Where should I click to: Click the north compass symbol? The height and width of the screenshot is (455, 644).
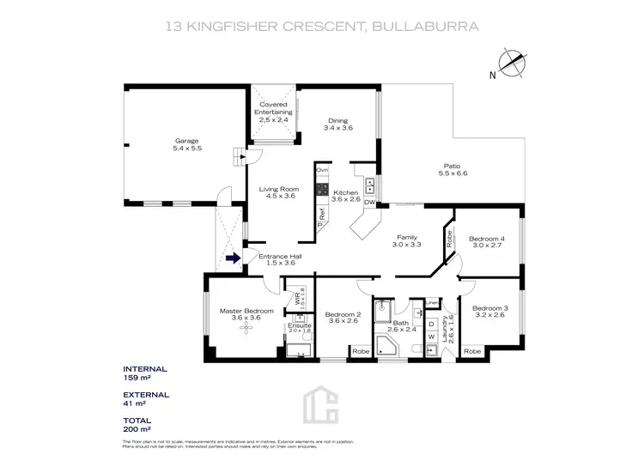click(x=513, y=64)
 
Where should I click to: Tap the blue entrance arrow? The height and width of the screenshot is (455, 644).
click(x=232, y=257)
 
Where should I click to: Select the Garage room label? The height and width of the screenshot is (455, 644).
click(x=187, y=141)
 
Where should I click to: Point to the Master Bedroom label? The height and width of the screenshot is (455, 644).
click(x=246, y=311)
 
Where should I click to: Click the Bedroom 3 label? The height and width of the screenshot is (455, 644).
click(x=489, y=307)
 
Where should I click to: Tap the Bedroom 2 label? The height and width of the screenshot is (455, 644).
click(x=342, y=315)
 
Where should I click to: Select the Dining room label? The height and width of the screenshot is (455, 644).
click(x=338, y=120)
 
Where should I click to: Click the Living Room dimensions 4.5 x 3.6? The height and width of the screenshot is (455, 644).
click(x=277, y=196)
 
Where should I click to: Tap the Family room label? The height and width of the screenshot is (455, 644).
click(x=407, y=237)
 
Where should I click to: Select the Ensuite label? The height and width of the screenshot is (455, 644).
click(x=300, y=325)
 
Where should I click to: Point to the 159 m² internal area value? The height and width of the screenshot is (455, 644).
click(x=137, y=378)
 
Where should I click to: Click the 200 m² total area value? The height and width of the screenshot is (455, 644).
click(x=137, y=429)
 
